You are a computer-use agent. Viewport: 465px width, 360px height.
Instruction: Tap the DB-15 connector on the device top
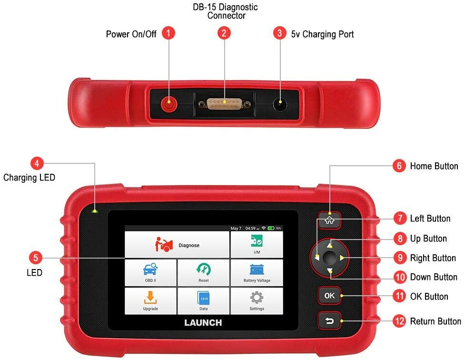coord(224,103)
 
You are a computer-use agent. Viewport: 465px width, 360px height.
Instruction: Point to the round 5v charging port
coord(280,103)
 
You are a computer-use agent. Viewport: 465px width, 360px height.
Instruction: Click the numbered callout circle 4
coord(37,163)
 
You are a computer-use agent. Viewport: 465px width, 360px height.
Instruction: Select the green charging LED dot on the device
coord(95,210)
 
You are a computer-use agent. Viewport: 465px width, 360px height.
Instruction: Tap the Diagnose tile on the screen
coord(177,245)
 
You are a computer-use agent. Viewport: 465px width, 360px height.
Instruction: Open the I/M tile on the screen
coord(257,245)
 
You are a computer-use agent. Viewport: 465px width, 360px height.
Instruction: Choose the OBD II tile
coord(150,273)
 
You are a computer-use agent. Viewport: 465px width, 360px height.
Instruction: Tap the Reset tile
coord(203,273)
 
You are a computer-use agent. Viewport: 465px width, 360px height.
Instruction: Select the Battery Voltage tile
coord(257,273)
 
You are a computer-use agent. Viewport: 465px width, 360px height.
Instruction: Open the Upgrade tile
coord(150,301)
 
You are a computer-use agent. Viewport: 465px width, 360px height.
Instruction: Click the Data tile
coord(203,301)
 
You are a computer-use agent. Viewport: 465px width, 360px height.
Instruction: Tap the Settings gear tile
coord(257,301)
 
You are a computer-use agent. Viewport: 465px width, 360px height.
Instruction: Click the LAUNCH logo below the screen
coord(203,322)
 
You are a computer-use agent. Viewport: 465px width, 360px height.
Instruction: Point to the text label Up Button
coord(428,239)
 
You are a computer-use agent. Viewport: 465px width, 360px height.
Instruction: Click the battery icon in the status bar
coord(270,229)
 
